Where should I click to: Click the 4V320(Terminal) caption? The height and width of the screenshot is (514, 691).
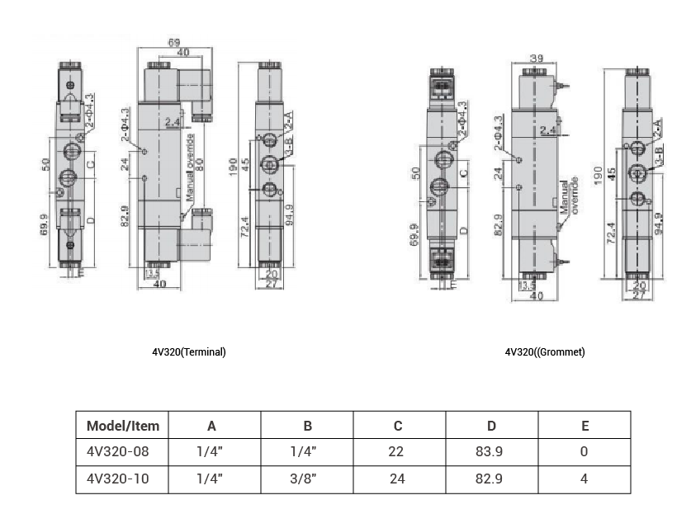pyautogui.click(x=188, y=351)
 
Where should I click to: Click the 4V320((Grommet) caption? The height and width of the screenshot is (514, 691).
pyautogui.click(x=545, y=351)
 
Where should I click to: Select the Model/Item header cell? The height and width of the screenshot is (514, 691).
pyautogui.click(x=122, y=426)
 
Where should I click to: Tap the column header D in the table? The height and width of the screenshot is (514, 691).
pyautogui.click(x=491, y=426)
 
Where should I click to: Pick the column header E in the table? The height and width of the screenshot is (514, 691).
pyautogui.click(x=585, y=426)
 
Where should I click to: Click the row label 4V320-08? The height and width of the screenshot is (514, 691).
pyautogui.click(x=117, y=452)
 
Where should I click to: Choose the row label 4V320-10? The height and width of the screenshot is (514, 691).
pyautogui.click(x=117, y=479)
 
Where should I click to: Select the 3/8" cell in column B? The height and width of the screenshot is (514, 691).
pyautogui.click(x=306, y=479)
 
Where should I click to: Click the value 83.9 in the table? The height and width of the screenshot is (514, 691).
pyautogui.click(x=491, y=452)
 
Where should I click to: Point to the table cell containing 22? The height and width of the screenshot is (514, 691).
pyautogui.click(x=398, y=452)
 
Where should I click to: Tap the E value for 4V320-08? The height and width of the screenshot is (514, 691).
pyautogui.click(x=585, y=452)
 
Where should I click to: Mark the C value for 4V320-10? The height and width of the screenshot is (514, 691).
pyautogui.click(x=398, y=479)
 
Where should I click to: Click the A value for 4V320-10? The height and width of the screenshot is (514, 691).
pyautogui.click(x=211, y=479)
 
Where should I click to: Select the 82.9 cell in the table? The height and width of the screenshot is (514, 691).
pyautogui.click(x=491, y=479)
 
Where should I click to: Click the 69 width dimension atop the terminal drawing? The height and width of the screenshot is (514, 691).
pyautogui.click(x=174, y=40)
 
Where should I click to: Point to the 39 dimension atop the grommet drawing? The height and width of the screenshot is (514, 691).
pyautogui.click(x=536, y=59)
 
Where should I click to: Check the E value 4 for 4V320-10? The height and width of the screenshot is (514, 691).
pyautogui.click(x=585, y=479)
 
